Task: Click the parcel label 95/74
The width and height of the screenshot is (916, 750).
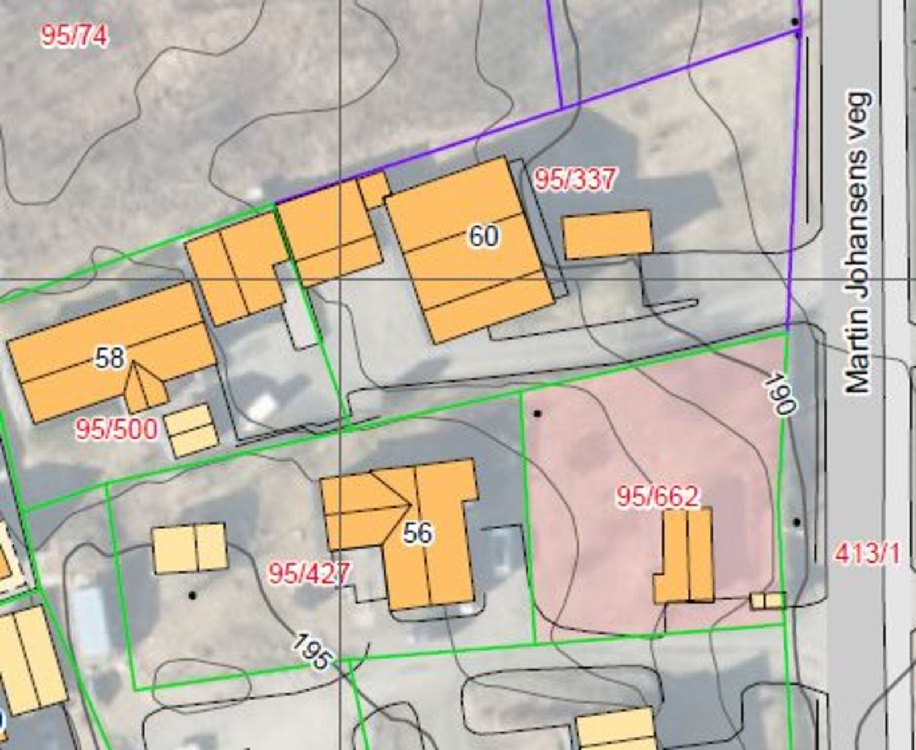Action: click(x=74, y=37)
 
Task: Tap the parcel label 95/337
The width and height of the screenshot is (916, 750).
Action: click(x=575, y=180)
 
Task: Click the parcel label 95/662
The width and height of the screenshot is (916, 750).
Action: click(x=658, y=497)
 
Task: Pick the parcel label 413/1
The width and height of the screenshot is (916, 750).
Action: click(x=867, y=554)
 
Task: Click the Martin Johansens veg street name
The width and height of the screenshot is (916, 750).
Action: click(x=859, y=243)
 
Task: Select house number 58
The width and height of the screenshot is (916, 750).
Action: click(x=110, y=358)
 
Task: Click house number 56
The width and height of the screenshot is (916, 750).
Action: click(x=418, y=533)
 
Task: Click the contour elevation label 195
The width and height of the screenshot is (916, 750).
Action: click(x=312, y=652)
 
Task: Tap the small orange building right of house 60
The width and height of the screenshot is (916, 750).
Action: click(x=608, y=234)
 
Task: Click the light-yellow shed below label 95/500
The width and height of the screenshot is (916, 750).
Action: click(x=192, y=430)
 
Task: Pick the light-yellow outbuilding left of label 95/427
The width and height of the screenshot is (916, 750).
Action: click(x=189, y=548)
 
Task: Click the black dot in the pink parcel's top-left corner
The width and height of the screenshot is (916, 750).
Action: click(x=537, y=413)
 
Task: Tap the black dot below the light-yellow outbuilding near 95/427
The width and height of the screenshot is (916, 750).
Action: click(x=192, y=596)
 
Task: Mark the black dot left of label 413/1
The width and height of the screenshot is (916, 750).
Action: click(x=796, y=522)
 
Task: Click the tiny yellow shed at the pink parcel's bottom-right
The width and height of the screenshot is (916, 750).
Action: click(x=768, y=600)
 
